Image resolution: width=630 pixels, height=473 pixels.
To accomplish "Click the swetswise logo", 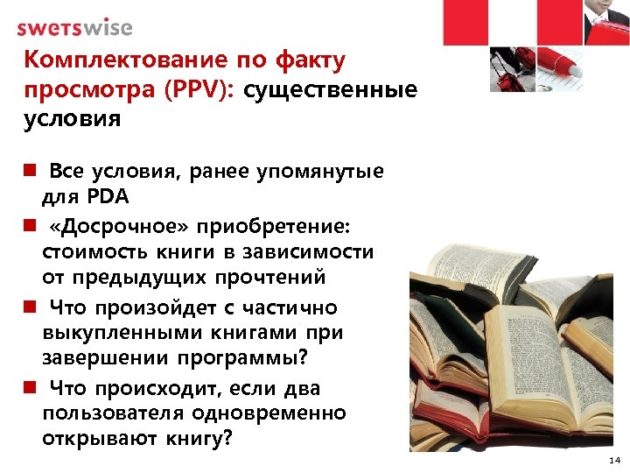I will pyautogui.click(x=74, y=27).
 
